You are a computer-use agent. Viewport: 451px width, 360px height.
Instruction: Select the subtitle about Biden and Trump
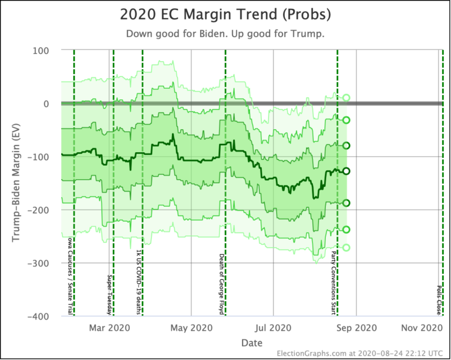tap(225, 34)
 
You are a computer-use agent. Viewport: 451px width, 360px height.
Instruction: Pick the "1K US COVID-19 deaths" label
tap(139, 283)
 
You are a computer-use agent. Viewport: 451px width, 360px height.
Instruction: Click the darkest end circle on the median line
tap(346, 171)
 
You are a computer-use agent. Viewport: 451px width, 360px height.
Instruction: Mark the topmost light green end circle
tap(346, 98)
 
